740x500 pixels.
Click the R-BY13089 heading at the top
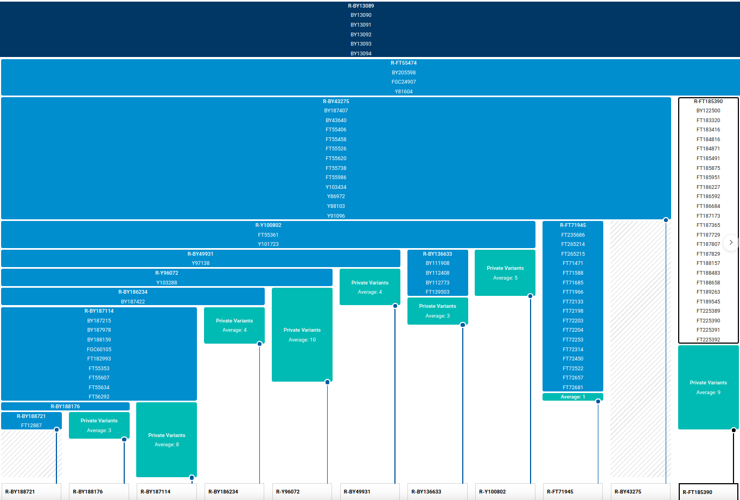coord(361,5)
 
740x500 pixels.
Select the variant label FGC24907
coord(404,82)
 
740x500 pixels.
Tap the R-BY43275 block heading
coord(336,101)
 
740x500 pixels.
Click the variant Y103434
coord(336,187)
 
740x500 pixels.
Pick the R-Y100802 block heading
coord(268,225)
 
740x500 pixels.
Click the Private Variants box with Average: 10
coord(302,335)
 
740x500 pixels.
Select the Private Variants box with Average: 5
coord(505,273)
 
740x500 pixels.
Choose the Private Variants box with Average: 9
coord(708,387)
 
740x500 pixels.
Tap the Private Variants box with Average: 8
coord(167,440)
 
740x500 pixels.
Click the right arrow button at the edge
coord(731,242)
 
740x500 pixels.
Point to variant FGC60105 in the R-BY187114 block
coord(99,350)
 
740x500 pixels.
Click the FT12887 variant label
coord(31,426)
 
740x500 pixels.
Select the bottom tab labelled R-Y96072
coord(302,492)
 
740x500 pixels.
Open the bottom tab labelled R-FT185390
coord(708,492)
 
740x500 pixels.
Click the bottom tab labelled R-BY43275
coord(641,492)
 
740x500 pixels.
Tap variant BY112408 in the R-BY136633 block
coord(437,273)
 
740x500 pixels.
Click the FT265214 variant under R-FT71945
coord(573,244)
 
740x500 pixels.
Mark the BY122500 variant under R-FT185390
coord(708,111)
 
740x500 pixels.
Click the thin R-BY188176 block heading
coord(65,406)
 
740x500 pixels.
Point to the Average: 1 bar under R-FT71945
coord(573,397)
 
